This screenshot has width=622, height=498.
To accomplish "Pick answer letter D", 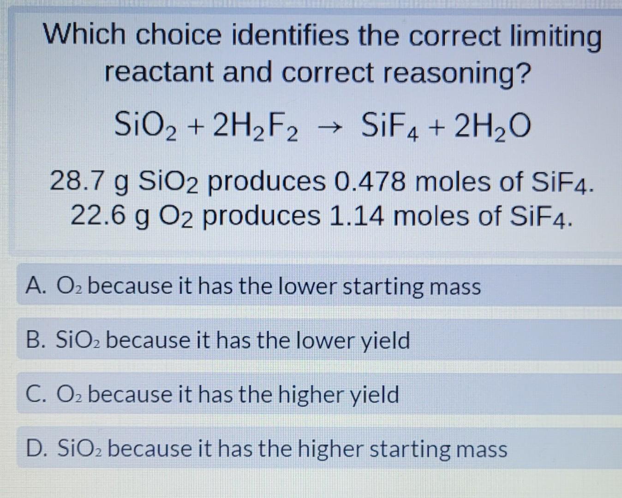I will (36, 449).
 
